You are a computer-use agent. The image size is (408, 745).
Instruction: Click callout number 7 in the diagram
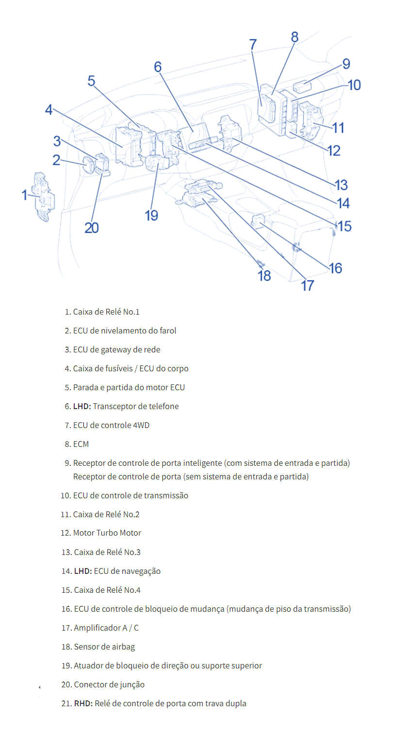253,44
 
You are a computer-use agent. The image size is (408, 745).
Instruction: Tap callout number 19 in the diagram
151,215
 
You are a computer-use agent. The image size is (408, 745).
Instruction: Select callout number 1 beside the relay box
25,195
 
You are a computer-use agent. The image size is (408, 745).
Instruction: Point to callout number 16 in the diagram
335,268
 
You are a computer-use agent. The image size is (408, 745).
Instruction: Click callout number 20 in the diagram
92,227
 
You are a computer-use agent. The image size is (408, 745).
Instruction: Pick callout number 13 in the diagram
341,185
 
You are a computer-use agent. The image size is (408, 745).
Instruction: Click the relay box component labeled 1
43,196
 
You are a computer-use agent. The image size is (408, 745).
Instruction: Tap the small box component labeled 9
302,87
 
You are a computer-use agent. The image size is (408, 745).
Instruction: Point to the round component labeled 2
90,165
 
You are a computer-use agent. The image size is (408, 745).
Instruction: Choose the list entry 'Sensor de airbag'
104,647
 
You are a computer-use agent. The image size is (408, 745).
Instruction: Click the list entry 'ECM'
81,444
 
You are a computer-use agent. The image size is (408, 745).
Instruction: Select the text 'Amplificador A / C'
106,628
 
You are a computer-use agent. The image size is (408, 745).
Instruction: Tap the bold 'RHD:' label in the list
83,703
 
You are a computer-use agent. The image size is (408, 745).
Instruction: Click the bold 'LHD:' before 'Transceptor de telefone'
82,406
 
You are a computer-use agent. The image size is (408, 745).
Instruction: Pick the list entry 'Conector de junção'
109,684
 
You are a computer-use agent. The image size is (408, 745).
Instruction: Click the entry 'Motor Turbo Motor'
107,533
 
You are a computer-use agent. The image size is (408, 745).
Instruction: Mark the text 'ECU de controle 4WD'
111,425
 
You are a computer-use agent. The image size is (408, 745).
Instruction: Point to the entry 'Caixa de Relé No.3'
107,552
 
